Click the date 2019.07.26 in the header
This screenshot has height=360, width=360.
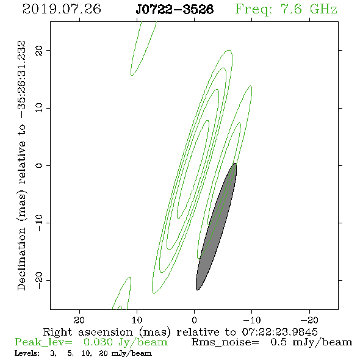(x=62, y=9)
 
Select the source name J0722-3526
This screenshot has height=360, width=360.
(x=175, y=9)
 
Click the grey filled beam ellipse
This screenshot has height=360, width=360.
(x=216, y=226)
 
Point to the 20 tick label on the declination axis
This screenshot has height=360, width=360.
(x=39, y=51)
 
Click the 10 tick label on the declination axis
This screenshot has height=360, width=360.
(x=39, y=107)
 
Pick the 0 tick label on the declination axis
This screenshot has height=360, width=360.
(x=39, y=165)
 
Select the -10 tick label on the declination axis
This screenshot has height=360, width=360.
(x=39, y=223)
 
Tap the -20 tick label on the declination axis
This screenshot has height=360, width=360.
(x=39, y=280)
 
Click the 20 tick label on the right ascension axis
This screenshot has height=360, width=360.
(x=79, y=320)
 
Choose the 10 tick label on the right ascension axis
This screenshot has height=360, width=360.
(x=137, y=320)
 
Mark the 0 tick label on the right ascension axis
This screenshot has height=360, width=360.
(x=195, y=320)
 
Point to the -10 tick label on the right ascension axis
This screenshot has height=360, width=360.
(x=252, y=320)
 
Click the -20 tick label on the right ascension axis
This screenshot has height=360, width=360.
(x=309, y=320)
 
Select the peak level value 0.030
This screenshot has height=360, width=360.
(x=98, y=342)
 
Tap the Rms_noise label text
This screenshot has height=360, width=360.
(x=225, y=342)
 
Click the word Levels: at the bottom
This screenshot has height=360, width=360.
(x=27, y=353)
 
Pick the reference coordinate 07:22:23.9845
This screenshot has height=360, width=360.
(x=279, y=332)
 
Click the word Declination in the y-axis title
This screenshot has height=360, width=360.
(x=21, y=259)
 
